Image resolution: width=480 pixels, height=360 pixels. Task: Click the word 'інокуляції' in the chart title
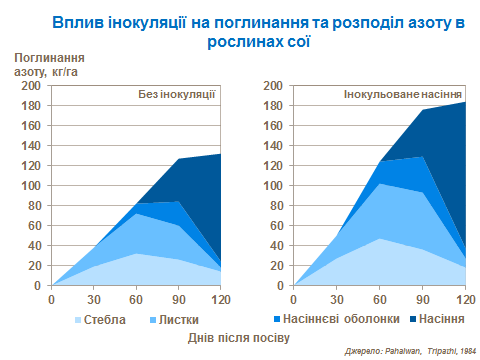tap(154, 21)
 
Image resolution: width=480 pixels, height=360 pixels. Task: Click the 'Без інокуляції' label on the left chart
tap(176, 95)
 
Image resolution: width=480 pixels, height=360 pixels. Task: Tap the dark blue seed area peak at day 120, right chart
tap(463, 104)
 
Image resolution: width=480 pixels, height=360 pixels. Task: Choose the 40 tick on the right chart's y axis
tap(276, 246)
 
